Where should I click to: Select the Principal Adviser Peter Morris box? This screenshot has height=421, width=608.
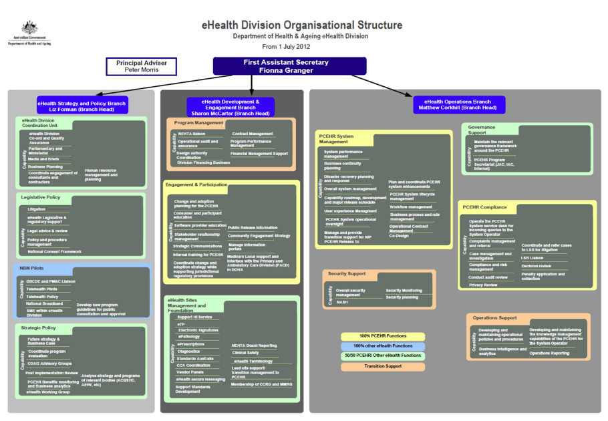coord(142,66)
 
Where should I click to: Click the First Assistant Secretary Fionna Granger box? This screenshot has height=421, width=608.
coord(289,66)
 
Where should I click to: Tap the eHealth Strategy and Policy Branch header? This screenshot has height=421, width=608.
coord(82,105)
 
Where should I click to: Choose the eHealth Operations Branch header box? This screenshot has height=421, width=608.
coord(458,105)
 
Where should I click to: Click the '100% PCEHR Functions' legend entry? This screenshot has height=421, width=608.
coord(382,336)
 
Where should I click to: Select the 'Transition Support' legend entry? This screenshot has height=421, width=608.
coord(382,366)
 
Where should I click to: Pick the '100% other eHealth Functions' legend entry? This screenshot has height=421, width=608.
coord(382,346)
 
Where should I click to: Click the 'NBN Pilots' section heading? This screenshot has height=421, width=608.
coord(32,268)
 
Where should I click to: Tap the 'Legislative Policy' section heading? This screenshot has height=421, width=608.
coord(40,197)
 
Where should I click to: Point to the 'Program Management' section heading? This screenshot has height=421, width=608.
coord(198,123)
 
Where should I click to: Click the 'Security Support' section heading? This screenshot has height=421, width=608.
coord(347,274)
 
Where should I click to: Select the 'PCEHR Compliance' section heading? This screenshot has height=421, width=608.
coord(484,207)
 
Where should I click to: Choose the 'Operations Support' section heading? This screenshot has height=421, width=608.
coord(494,317)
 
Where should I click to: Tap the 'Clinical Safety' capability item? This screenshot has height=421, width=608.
coord(245,352)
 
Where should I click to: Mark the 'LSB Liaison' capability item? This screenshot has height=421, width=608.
coord(533,258)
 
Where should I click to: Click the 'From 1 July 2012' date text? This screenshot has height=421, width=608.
coord(286,47)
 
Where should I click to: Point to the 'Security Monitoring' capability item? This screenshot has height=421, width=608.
coord(404,291)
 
